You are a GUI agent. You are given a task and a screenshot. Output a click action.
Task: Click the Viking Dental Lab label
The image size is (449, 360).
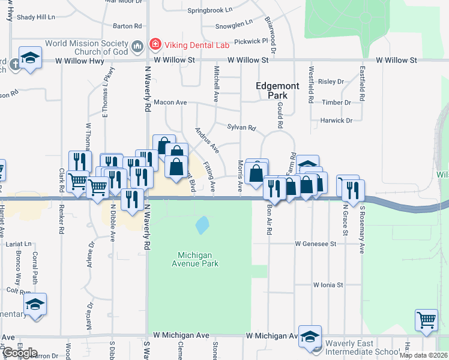(x=189, y=44)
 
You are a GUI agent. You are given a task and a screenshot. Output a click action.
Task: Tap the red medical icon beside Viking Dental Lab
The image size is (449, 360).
(x=155, y=44)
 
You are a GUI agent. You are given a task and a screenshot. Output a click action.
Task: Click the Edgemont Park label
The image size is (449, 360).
(x=277, y=90)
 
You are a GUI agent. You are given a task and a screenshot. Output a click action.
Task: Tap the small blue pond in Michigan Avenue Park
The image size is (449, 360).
(x=202, y=225)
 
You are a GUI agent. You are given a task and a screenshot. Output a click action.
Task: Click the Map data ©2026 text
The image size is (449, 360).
(x=423, y=355)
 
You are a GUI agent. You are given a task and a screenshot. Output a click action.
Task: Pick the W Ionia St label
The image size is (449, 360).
(x=327, y=285)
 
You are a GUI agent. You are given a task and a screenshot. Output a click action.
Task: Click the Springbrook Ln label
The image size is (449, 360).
(x=209, y=10)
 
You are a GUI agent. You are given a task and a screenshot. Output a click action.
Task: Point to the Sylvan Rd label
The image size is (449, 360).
(x=241, y=127)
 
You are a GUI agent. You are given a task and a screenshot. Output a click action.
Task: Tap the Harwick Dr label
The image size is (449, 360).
(x=337, y=121)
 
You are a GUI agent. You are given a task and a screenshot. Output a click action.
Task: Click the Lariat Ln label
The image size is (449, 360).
(x=19, y=244)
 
